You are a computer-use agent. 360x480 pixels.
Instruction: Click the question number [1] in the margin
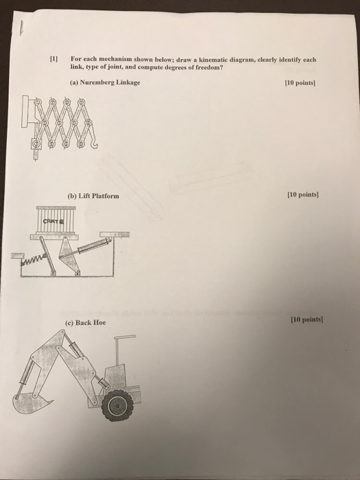tap(50, 58)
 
